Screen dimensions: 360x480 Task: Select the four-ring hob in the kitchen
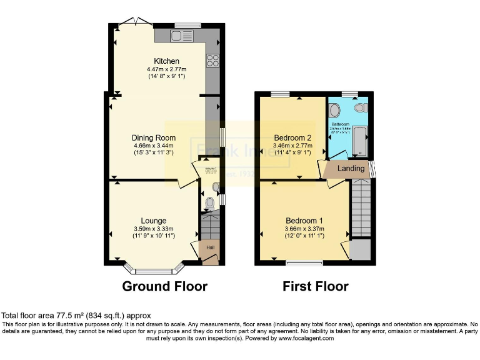pos(212,61)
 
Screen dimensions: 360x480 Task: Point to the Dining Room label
pos(153,137)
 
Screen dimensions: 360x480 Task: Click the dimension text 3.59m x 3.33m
pos(153,229)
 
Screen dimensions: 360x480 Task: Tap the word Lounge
pos(153,221)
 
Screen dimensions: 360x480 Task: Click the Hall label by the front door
pos(211,248)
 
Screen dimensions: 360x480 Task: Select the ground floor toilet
pos(210,203)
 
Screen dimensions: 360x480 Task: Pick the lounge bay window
pos(154,270)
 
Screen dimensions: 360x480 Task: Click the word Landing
pos(351,169)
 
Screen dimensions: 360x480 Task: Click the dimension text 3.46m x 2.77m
pos(292,146)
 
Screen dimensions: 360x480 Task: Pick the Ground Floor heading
pos(164,287)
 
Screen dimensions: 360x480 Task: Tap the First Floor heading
pos(316,287)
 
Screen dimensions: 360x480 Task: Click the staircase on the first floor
pos(361,207)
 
